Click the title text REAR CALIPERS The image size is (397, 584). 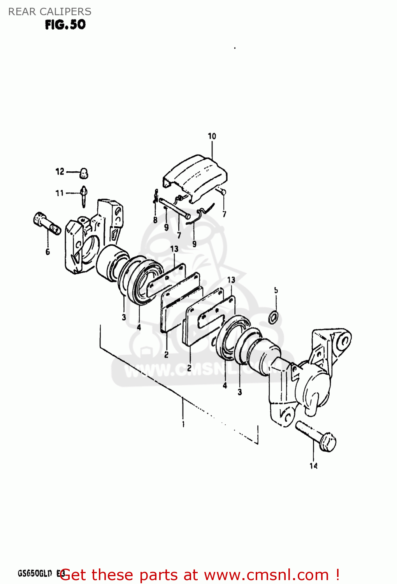pos(50,12)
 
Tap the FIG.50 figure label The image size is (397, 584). pos(65,25)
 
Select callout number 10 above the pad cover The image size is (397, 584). pos(212,136)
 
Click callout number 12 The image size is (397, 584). pos(60,172)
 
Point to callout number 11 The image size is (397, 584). pos(59,193)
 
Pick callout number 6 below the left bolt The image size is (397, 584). pos(47,252)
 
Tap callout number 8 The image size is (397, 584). pos(155,220)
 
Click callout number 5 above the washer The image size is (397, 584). pos(276,290)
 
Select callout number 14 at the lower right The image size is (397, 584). pos(313,466)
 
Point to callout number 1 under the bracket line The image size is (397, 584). pos(183,424)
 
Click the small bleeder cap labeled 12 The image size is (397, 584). pos(84,173)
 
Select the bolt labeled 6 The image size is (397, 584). pos(47,224)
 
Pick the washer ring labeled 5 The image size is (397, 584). pos(273,317)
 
